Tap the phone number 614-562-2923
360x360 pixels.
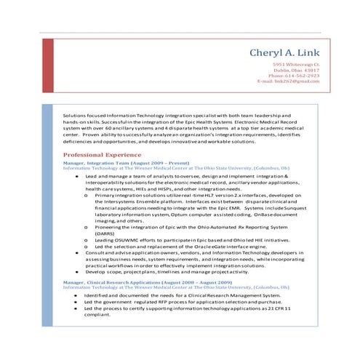(301, 75)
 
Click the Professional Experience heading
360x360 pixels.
(103, 156)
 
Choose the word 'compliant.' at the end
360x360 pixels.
(98, 315)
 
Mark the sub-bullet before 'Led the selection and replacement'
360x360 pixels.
(87, 247)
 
